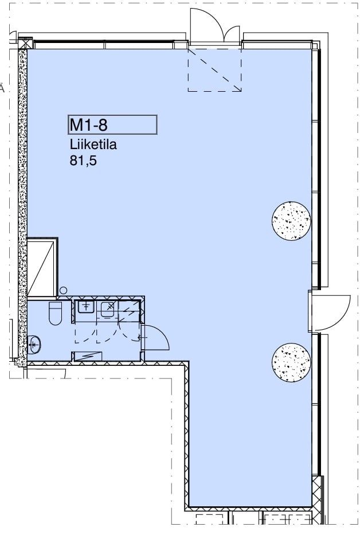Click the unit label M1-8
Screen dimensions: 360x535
click(88, 125)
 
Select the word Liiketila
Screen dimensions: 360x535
click(93, 145)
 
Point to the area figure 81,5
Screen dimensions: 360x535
click(83, 160)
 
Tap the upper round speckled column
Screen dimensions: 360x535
click(291, 221)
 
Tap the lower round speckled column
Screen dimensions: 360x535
click(291, 362)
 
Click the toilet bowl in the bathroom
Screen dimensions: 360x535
click(55, 314)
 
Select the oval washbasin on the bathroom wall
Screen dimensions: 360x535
click(34, 343)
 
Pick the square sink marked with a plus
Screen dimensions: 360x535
click(86, 307)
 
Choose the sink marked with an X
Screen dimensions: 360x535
click(109, 308)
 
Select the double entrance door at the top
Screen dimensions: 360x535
click(215, 26)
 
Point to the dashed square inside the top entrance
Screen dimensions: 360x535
click(214, 70)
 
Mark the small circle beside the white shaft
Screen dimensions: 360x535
click(64, 291)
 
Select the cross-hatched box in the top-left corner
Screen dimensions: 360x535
click(25, 44)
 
